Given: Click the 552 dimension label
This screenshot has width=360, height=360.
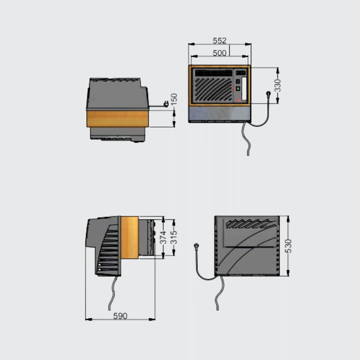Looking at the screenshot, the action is coord(219,41).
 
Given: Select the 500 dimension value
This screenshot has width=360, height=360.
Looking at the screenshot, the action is coord(219,53).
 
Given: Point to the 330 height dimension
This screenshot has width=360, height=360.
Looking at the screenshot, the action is coord(278,85).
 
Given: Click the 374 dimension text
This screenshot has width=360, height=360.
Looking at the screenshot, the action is coord(163,237).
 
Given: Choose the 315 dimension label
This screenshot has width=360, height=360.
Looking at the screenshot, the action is coord(174,237).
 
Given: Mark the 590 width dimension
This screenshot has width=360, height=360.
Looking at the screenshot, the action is coord(120,316).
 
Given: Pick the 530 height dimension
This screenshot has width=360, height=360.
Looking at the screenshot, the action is coord(288,246).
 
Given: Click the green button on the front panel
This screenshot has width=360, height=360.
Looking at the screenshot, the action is coord(238,88).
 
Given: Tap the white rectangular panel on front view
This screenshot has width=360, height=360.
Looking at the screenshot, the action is coord(244,89).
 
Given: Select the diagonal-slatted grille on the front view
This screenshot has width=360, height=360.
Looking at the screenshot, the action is coord(213,89).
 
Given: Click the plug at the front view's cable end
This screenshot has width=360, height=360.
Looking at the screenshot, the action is coord(268,93).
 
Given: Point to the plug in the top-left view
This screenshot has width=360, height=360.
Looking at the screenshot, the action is coord(166,104).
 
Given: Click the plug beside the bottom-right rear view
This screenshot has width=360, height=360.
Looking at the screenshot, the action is coord(196,246).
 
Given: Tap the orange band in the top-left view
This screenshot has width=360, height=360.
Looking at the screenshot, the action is coord(118,119).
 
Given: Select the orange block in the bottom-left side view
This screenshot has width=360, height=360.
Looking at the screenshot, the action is coord(130,237).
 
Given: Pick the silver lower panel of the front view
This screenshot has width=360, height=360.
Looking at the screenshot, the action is coord(220,114).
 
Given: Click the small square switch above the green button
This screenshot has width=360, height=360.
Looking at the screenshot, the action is coord(238,81).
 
